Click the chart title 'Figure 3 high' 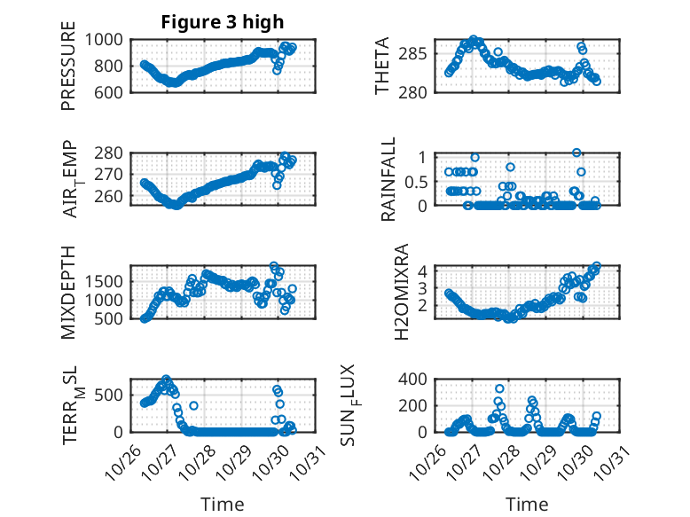click(x=223, y=22)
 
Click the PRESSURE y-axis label click(x=68, y=66)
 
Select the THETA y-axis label click(x=383, y=66)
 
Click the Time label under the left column click(x=223, y=505)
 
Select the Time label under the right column click(x=528, y=505)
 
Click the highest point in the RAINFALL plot click(x=576, y=153)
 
